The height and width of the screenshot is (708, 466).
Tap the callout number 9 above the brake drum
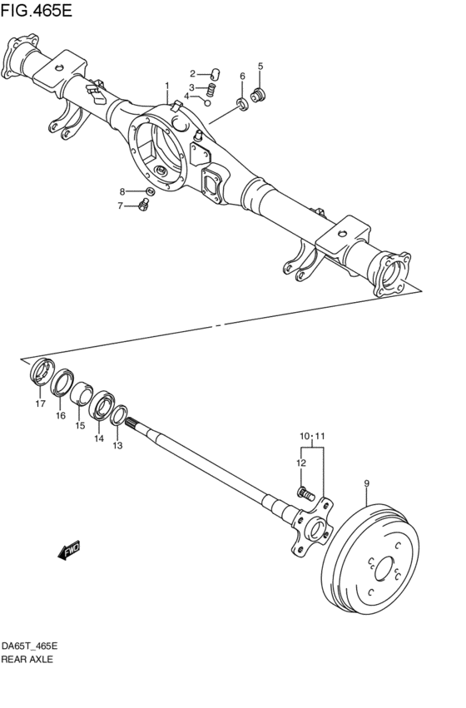click(x=367, y=483)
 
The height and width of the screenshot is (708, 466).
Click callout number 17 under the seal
click(x=39, y=404)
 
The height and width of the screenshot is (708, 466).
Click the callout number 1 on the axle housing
click(x=166, y=86)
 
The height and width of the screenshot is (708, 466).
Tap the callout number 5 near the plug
click(x=260, y=66)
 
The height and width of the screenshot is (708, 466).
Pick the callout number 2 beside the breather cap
click(x=192, y=73)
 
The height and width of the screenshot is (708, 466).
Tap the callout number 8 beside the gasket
click(x=121, y=191)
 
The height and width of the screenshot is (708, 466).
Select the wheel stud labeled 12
click(x=305, y=494)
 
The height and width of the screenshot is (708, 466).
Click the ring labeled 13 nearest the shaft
click(x=119, y=413)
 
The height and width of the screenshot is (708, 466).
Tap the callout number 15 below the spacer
click(x=80, y=425)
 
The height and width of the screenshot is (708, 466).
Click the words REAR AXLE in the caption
click(x=27, y=659)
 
